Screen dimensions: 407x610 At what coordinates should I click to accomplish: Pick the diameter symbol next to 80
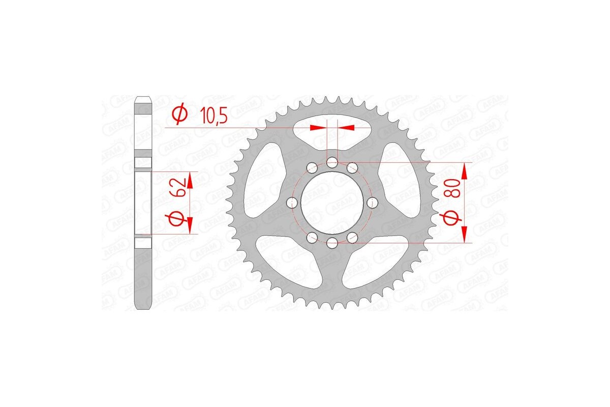point(454,218)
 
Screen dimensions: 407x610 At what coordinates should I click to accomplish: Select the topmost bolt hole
point(332,163)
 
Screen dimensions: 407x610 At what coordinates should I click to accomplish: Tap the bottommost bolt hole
point(332,243)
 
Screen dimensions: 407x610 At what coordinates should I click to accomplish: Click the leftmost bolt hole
point(292,203)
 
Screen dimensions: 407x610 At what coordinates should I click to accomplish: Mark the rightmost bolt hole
point(373,203)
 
